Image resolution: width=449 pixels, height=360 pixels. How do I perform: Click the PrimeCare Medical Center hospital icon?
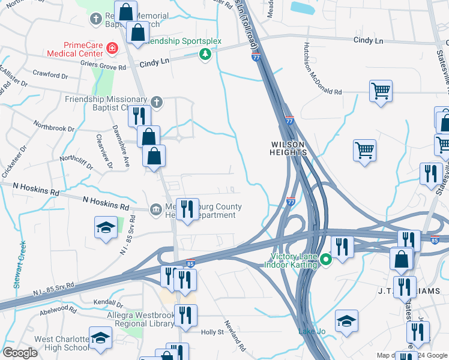pyautogui.click(x=112, y=47)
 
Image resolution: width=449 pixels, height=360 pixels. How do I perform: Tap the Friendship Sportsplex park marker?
pyautogui.click(x=205, y=55)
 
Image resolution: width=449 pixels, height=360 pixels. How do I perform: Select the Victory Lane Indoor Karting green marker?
pyautogui.click(x=326, y=260)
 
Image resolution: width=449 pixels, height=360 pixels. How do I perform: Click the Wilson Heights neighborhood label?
pyautogui.click(x=289, y=148)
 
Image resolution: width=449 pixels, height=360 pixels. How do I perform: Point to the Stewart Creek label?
pyautogui.click(x=20, y=265)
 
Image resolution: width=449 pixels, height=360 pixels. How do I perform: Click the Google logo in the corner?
pyautogui.click(x=20, y=353)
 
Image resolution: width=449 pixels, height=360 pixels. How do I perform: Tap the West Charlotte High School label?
pyautogui.click(x=62, y=343)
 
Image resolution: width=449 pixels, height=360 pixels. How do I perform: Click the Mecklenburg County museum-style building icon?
pyautogui.click(x=155, y=209)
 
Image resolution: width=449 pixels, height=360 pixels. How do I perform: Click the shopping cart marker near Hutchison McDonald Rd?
pyautogui.click(x=380, y=91)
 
